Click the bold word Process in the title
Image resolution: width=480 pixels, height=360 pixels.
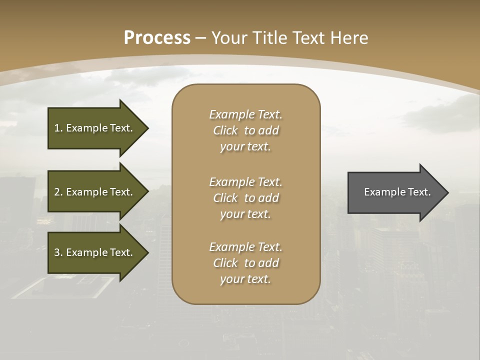[x=157, y=38]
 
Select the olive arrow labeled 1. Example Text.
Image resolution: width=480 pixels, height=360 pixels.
[x=95, y=128]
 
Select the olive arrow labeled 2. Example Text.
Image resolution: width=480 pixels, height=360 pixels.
[x=95, y=192]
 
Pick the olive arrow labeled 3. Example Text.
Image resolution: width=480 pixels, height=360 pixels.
[x=95, y=252]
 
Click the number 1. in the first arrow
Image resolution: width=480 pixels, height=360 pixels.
[x=58, y=128]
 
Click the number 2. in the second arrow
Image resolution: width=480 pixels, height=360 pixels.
[x=58, y=192]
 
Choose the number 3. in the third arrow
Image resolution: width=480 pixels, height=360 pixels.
[x=58, y=252]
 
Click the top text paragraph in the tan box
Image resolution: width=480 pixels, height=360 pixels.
[x=245, y=130]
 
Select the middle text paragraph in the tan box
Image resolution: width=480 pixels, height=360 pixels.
[x=245, y=198]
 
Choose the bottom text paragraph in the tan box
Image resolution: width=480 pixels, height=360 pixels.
[x=245, y=263]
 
